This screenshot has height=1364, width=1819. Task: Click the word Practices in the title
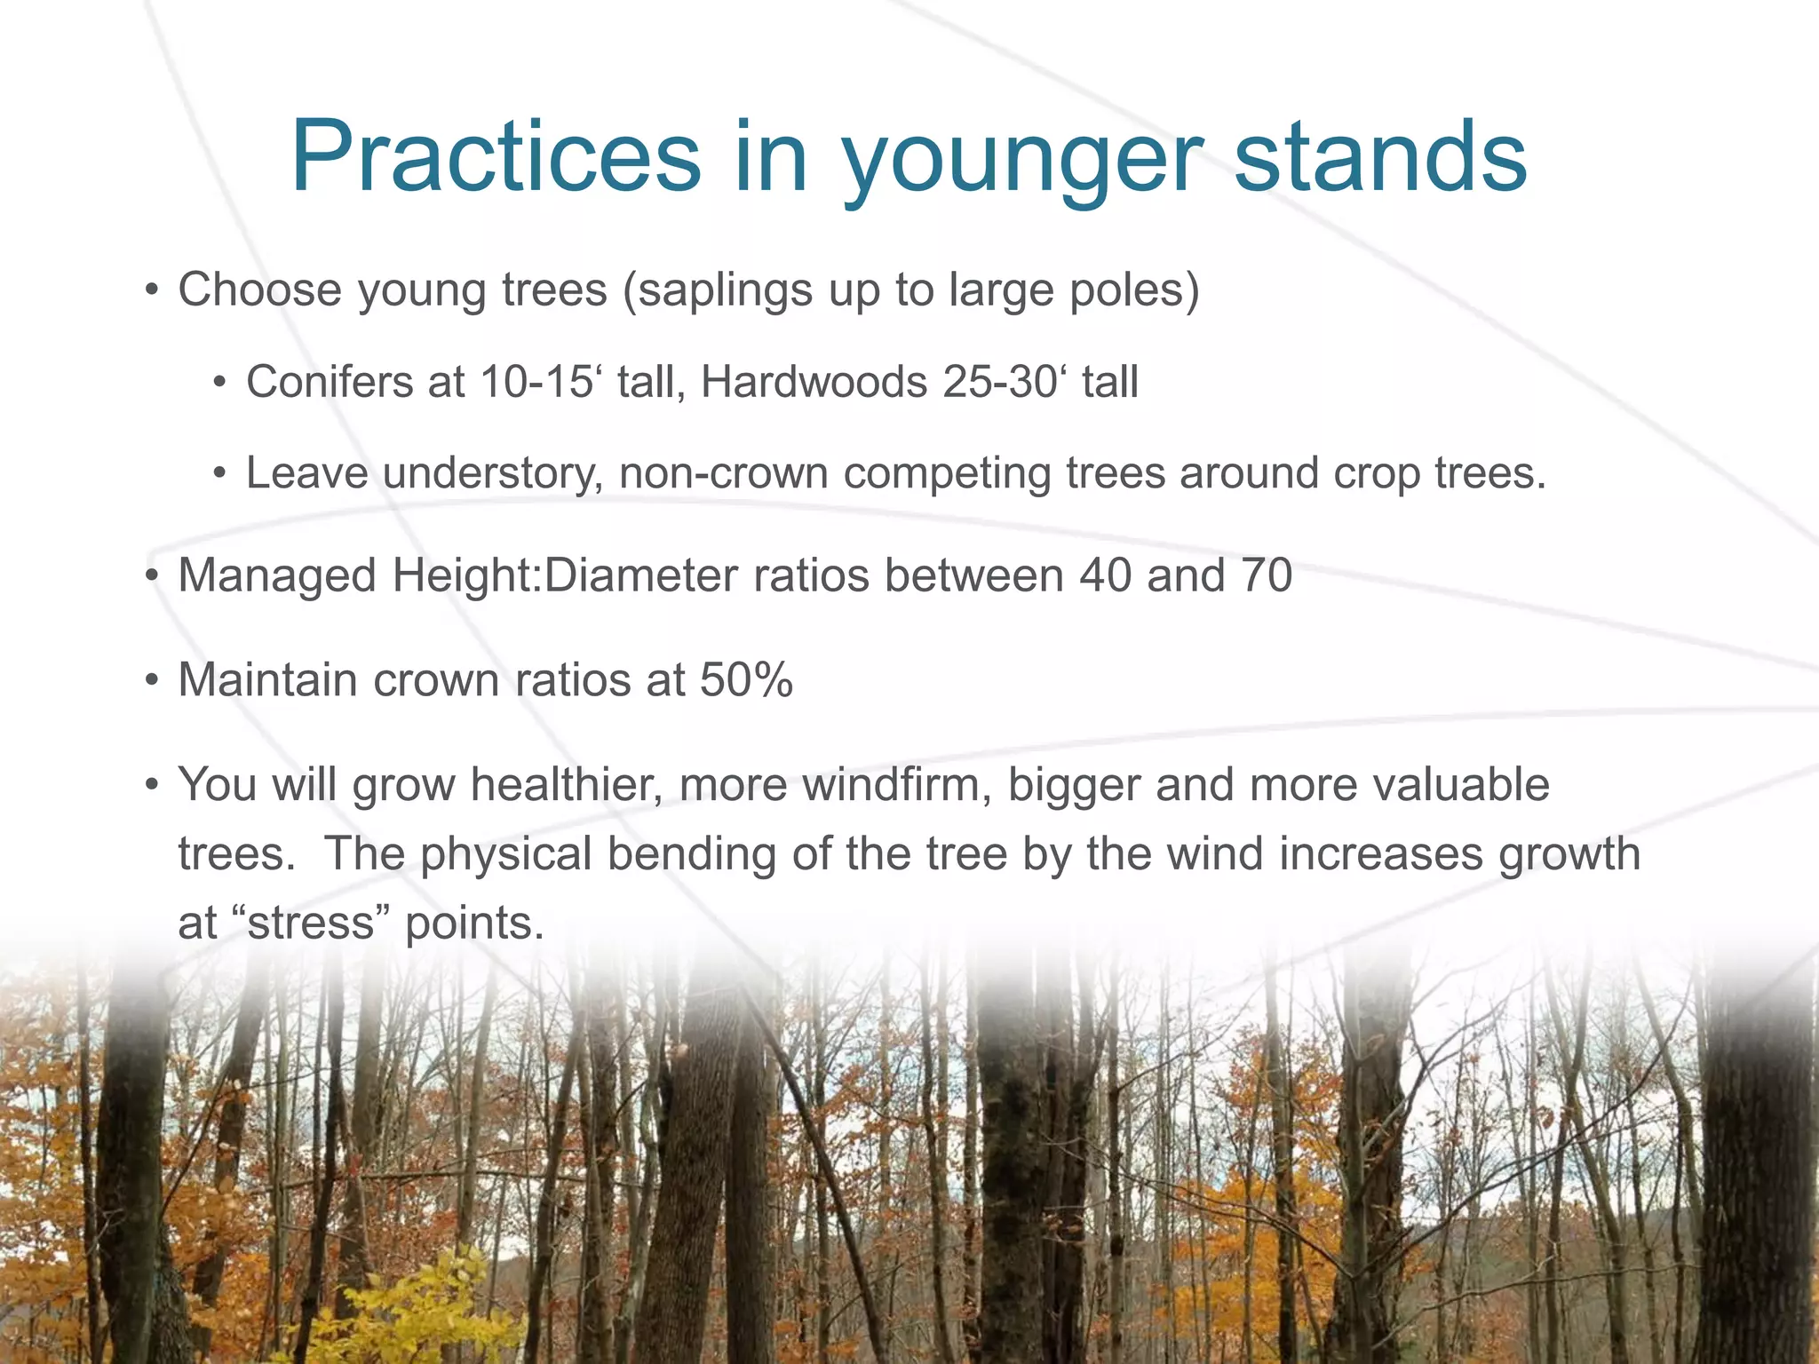tap(496, 157)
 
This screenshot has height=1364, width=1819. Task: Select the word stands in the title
tap(1380, 157)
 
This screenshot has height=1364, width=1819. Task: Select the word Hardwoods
tap(814, 382)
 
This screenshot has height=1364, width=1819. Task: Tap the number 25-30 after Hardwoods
tap(998, 382)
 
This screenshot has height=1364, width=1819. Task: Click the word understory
tap(493, 473)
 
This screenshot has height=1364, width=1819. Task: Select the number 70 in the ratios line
tap(1266, 575)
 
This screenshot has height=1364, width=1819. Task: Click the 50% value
tap(746, 680)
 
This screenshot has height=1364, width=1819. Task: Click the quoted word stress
tap(312, 923)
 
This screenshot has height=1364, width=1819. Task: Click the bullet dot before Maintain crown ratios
tap(153, 681)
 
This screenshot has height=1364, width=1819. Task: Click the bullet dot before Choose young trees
tap(153, 290)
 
